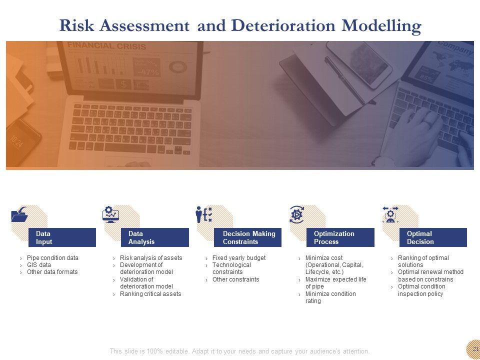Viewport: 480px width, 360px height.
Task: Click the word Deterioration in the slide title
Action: coord(283,25)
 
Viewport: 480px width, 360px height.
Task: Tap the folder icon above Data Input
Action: coord(19,214)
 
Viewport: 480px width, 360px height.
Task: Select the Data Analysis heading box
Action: coord(155,237)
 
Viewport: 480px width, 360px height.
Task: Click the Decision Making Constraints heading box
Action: coord(247,237)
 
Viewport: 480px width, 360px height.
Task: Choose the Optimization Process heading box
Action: coord(340,237)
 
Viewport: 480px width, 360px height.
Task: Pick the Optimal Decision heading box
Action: coord(433,237)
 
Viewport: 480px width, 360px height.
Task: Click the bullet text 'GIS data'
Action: coord(39,265)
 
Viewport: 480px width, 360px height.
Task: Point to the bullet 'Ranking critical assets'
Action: coord(150,294)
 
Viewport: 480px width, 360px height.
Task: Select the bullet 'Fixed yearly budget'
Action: coord(239,258)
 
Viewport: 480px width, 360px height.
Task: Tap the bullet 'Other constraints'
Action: coord(235,279)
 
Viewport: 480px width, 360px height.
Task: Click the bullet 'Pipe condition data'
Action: coord(52,258)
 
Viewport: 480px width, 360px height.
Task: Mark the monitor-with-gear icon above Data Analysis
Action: coord(110,214)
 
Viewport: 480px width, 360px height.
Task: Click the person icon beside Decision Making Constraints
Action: coord(199,214)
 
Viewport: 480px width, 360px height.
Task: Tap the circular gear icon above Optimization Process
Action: coord(296,214)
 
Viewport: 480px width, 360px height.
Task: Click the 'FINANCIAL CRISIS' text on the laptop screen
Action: coord(106,46)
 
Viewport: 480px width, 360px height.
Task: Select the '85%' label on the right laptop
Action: coord(426,78)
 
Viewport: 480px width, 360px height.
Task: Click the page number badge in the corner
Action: coord(473,349)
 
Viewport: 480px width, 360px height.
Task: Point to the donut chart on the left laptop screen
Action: coord(178,66)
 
